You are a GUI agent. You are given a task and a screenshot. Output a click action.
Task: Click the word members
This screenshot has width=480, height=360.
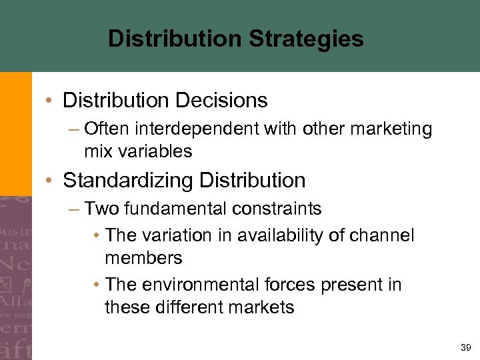tap(143, 258)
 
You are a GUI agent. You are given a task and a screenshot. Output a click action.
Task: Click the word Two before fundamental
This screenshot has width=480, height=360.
tap(102, 209)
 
